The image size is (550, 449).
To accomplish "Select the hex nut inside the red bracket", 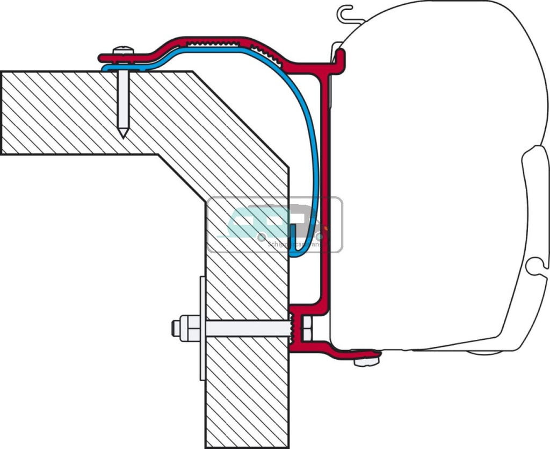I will click(307, 329).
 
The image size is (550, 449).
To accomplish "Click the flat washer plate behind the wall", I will click(202, 329).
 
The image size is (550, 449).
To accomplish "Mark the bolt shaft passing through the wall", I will click(247, 329).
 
